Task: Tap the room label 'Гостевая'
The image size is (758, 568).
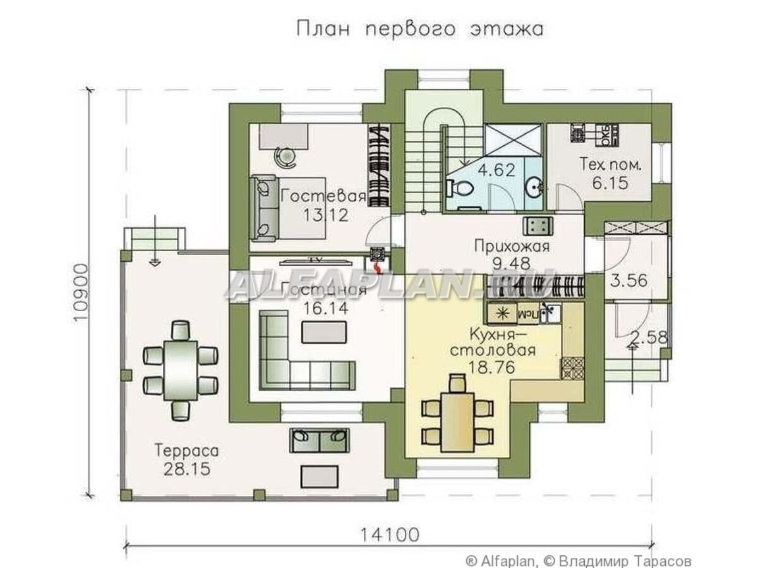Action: (323, 196)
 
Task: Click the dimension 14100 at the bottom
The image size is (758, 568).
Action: (389, 535)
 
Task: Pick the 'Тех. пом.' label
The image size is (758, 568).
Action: (611, 165)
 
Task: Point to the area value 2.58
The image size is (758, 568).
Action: (649, 338)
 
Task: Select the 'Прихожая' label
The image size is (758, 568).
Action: (512, 246)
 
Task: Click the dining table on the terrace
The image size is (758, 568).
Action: (181, 369)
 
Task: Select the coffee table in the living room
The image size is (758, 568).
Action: (324, 332)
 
